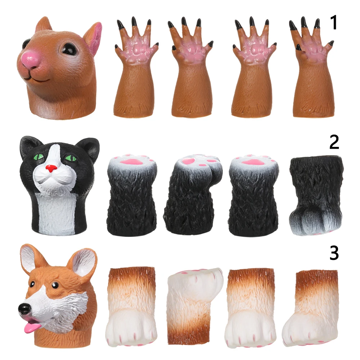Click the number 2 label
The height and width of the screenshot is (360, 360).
point(334,143)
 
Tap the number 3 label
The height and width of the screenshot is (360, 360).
point(334,253)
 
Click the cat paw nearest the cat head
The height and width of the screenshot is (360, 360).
point(132,194)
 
